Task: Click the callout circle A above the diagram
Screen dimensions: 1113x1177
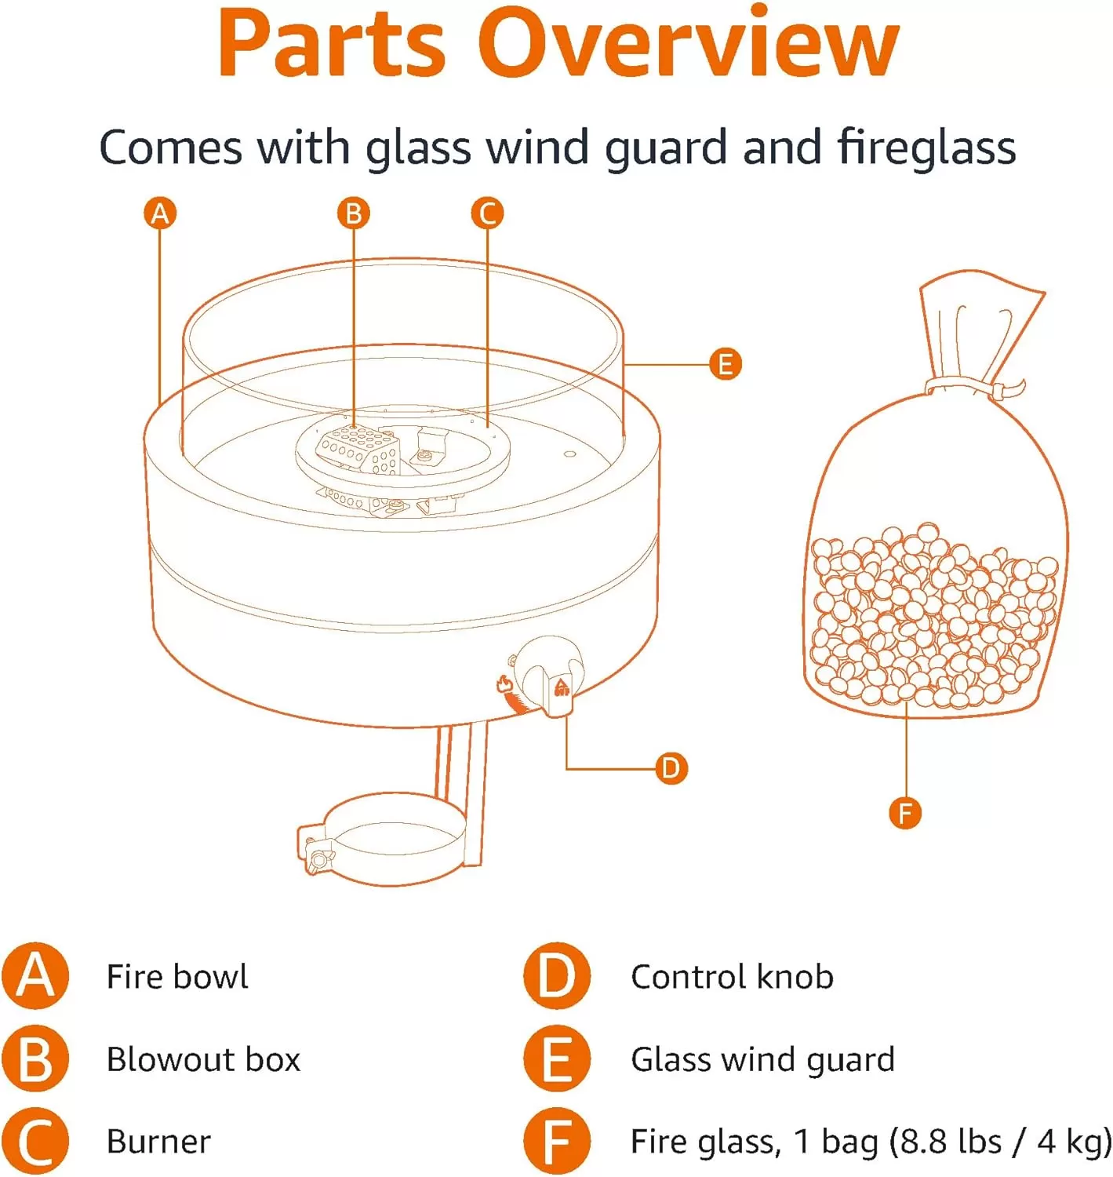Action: (x=160, y=213)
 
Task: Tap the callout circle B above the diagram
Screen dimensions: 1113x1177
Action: (x=353, y=213)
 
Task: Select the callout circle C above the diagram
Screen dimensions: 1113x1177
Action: (x=487, y=213)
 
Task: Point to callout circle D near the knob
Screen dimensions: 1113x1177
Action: (x=671, y=768)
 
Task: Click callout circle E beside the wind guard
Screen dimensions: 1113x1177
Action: (x=725, y=364)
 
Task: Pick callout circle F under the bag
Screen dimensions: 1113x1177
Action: (x=905, y=813)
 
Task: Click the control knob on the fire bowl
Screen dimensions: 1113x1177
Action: (x=549, y=676)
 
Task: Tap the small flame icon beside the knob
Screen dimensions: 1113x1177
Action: (x=504, y=683)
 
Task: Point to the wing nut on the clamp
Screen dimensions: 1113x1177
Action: (x=316, y=859)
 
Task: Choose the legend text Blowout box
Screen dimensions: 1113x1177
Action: (x=203, y=1059)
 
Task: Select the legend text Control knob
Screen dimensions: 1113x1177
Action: (x=732, y=976)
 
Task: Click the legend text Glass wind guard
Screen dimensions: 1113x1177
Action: (x=763, y=1060)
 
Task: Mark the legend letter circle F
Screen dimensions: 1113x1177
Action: (x=557, y=1141)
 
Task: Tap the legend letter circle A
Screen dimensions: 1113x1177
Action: (x=35, y=976)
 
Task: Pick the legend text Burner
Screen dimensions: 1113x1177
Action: (x=158, y=1141)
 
